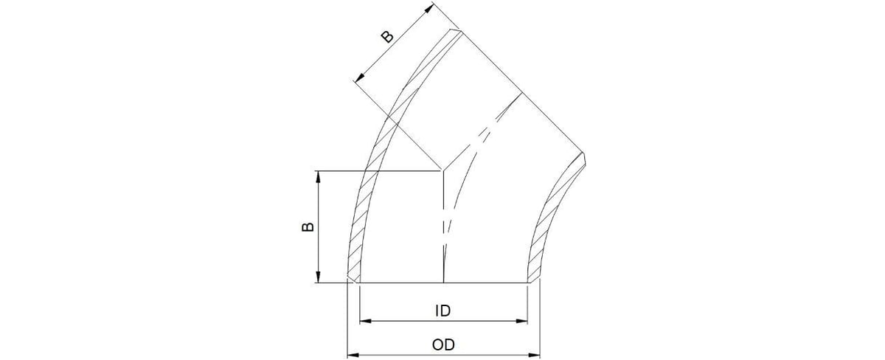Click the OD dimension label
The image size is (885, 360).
pyautogui.click(x=442, y=345)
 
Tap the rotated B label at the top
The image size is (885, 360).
pyautogui.click(x=387, y=37)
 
